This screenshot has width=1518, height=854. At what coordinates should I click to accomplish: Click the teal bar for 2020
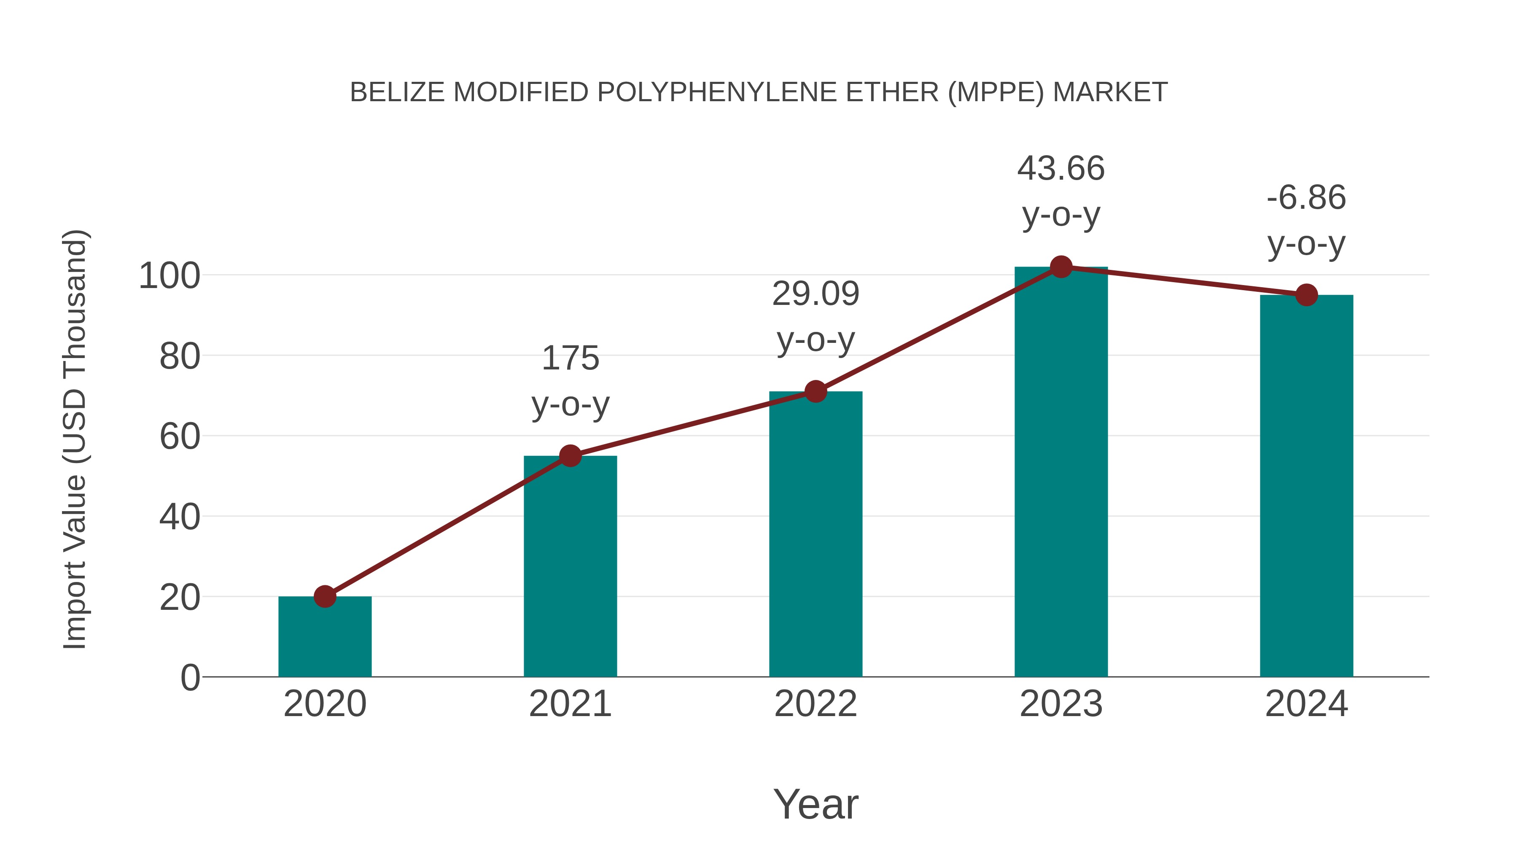pyautogui.click(x=325, y=639)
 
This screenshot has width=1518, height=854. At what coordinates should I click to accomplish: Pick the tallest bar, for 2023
pyautogui.click(x=1061, y=471)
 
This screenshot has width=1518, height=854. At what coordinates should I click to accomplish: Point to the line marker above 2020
pyautogui.click(x=325, y=596)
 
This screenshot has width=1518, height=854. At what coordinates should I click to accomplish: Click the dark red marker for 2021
pyautogui.click(x=570, y=455)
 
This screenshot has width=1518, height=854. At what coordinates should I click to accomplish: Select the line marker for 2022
pyautogui.click(x=816, y=391)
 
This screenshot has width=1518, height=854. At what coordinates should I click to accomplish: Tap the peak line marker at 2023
pyautogui.click(x=1061, y=267)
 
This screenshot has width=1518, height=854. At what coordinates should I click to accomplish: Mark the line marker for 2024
pyautogui.click(x=1306, y=295)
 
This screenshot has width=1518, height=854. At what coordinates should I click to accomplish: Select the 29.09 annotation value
pyautogui.click(x=816, y=294)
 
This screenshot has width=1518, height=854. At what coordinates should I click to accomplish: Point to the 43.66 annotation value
pyautogui.click(x=1061, y=169)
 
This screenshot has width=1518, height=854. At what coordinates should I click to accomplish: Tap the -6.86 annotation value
pyautogui.click(x=1306, y=197)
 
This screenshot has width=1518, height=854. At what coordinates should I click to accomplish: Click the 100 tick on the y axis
pyautogui.click(x=169, y=276)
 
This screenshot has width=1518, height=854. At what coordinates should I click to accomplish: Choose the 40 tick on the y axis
pyautogui.click(x=179, y=517)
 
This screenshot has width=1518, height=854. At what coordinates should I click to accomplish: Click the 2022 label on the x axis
pyautogui.click(x=816, y=704)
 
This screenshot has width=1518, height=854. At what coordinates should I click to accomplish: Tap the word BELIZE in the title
pyautogui.click(x=398, y=92)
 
